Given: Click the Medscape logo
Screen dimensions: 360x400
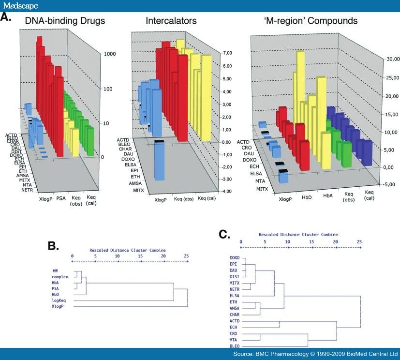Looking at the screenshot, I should point(20,6).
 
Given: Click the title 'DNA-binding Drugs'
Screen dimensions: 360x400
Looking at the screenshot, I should point(65,21).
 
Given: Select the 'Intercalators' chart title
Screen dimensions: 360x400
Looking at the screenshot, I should point(171,21).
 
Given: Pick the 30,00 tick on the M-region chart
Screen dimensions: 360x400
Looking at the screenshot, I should point(389,60).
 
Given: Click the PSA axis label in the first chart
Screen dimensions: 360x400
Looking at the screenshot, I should point(61,198).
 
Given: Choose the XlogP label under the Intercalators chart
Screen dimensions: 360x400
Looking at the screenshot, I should point(162,200).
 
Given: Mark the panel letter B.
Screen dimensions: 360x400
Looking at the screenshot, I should point(54,245).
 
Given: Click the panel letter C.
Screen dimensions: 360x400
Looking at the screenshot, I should point(224,235).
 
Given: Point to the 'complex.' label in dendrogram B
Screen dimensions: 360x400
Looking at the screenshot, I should point(61,277).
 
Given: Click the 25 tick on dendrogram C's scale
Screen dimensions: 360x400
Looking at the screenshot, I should point(359,240).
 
